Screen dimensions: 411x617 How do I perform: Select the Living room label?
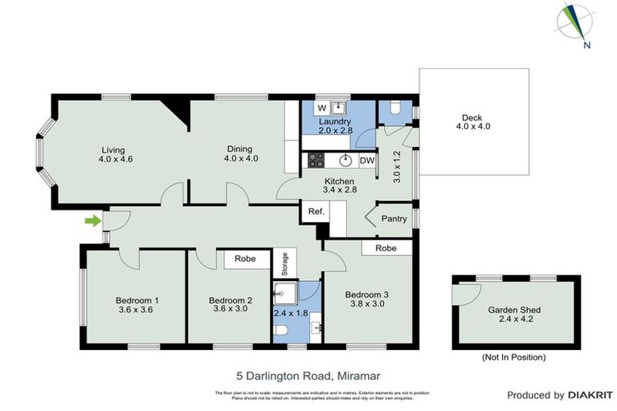pos(113,149)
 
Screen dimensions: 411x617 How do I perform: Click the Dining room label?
pos(239,149)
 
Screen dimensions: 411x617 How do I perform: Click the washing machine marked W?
pos(321,108)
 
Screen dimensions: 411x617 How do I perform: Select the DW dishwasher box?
pos(367,160)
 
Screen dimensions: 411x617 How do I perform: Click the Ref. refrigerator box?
pos(316,212)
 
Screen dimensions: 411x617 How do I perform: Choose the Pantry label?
pos(394,218)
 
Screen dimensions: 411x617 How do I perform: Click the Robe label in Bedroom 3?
pos(386,249)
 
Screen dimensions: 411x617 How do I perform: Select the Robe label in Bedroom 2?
pos(245,259)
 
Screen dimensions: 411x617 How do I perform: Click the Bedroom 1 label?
pos(138,300)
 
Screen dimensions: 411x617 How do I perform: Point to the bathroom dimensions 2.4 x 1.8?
pos(291,313)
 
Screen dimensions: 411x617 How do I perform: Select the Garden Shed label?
pos(514,310)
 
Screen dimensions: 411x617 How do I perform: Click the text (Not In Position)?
pos(513,356)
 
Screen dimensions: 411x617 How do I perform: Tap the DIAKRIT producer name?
pos(590,395)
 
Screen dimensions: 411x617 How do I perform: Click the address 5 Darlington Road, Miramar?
pos(308,375)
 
